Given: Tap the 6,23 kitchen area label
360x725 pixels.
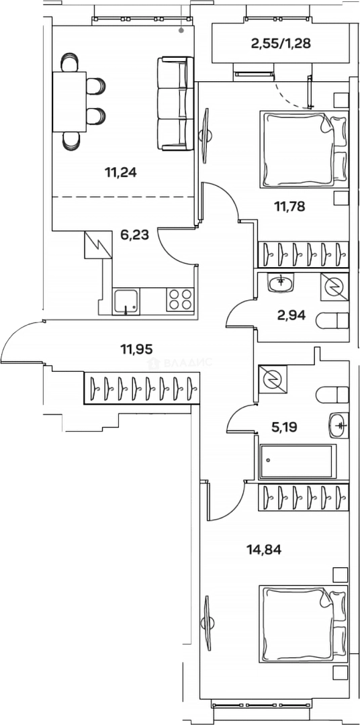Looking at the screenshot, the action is [134, 236].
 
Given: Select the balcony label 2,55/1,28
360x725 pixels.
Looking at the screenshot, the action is [281, 44].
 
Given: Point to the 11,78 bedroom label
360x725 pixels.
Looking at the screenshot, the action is [289, 206].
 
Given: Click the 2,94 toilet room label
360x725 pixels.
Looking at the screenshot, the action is [291, 316].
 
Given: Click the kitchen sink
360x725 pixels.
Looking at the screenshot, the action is [126, 301].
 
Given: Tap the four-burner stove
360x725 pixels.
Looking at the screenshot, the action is [181, 299].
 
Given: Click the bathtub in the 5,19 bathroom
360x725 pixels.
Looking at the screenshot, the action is [296, 462].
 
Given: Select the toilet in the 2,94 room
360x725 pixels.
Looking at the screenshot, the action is [332, 320].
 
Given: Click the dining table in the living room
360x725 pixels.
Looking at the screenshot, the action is [69, 102].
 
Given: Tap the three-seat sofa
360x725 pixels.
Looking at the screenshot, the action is [175, 103].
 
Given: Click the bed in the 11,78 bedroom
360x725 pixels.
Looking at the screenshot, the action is [304, 149].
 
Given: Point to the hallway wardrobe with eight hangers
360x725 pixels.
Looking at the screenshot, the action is [142, 388].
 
